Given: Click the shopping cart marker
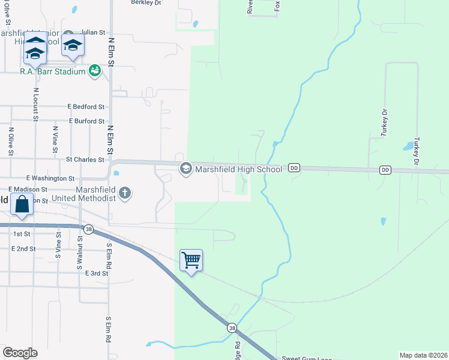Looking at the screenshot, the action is (x=191, y=260).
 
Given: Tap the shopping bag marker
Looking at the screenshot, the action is (x=22, y=204).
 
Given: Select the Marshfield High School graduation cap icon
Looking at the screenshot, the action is (x=185, y=169).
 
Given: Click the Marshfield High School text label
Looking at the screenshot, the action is (x=238, y=169).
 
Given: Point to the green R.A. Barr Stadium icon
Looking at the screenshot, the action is (x=94, y=71).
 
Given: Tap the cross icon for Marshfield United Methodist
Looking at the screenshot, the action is (x=125, y=193).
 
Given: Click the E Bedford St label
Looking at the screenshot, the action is (x=86, y=107).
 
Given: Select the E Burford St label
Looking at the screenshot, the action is (x=86, y=121).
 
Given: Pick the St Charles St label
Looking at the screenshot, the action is (x=85, y=160).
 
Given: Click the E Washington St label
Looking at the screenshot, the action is (x=50, y=178).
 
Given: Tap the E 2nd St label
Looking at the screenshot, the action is (x=25, y=248).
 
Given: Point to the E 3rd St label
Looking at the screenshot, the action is (x=97, y=273).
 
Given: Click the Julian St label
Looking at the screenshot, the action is (x=92, y=32).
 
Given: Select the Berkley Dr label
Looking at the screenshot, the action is (x=146, y=2).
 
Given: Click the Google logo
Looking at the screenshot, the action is (x=20, y=353).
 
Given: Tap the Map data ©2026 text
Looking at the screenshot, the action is (x=424, y=355).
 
